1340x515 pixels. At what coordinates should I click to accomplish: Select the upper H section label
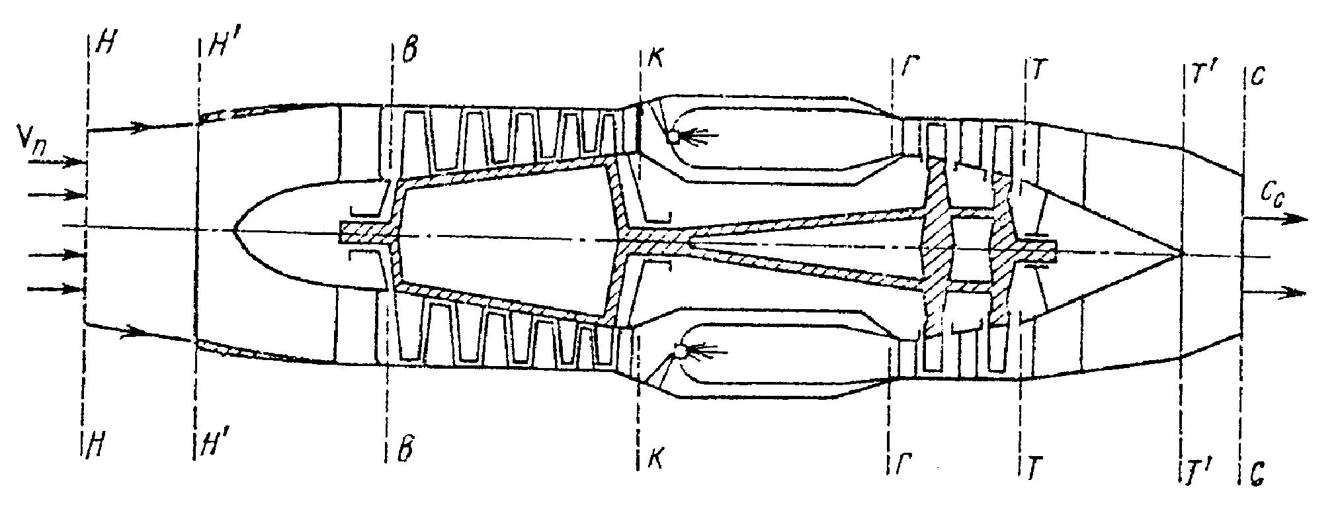click(104, 44)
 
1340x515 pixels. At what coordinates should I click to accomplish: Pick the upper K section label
click(655, 59)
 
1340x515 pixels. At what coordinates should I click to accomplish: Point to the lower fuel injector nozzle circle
click(679, 351)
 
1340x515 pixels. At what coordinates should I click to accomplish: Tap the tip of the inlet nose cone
click(234, 230)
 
